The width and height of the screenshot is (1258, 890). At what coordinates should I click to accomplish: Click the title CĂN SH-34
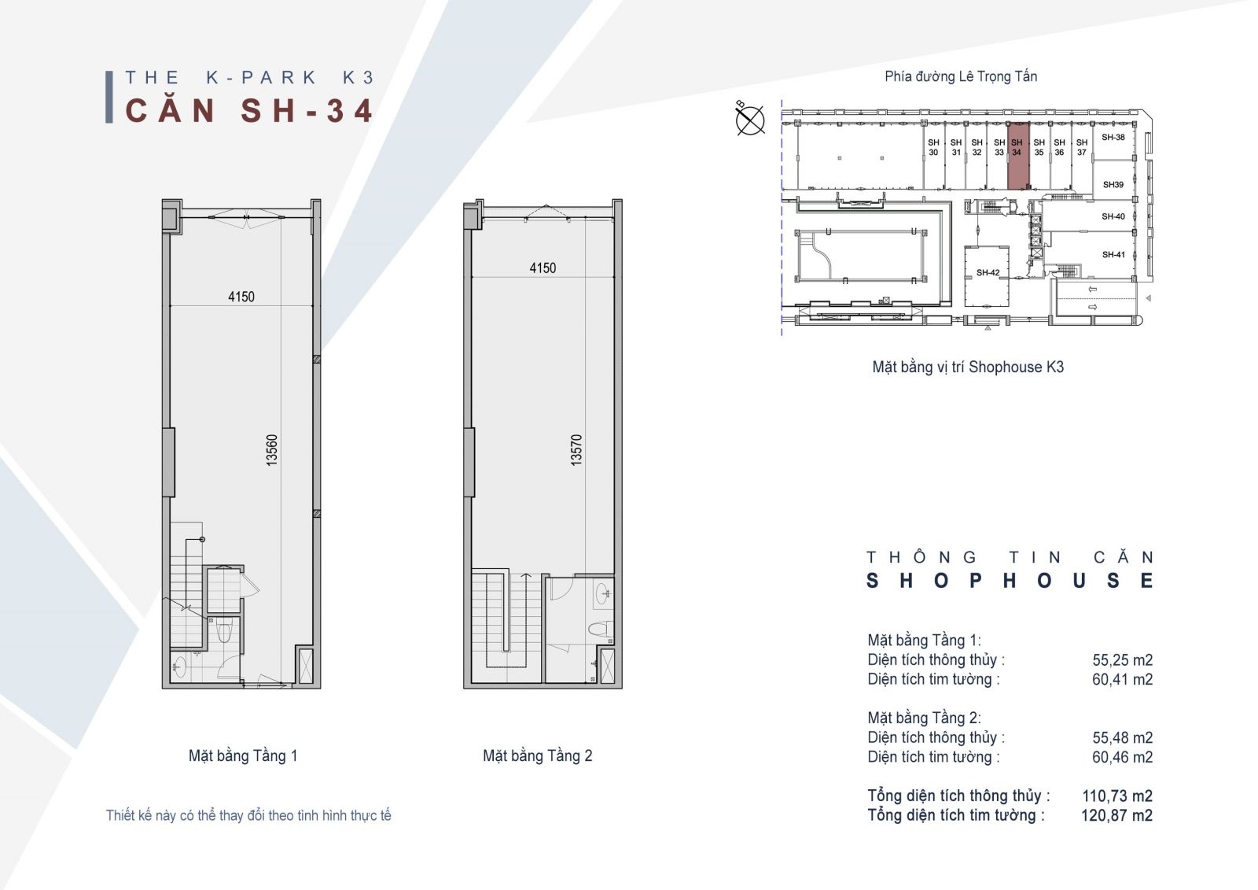(249, 110)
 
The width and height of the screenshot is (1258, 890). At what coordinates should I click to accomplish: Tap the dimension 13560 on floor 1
(272, 450)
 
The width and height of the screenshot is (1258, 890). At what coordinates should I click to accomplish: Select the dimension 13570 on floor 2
(576, 450)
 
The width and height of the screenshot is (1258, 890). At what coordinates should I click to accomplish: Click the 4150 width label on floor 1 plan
(241, 297)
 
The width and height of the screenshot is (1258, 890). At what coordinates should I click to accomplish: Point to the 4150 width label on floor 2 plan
(543, 268)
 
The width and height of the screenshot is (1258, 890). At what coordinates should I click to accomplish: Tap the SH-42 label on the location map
(988, 273)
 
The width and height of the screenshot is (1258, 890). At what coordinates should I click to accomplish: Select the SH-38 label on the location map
(1113, 137)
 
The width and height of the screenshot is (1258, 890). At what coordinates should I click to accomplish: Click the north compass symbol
(750, 119)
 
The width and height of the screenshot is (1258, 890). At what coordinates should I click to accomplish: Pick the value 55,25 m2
(1122, 660)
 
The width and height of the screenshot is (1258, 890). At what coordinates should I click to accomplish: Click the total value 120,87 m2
(1116, 815)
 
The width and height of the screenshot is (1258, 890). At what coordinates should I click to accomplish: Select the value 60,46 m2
(1122, 757)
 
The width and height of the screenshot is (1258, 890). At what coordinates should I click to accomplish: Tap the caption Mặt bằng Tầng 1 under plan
(243, 756)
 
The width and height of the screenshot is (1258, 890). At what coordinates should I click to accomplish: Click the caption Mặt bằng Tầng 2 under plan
(538, 756)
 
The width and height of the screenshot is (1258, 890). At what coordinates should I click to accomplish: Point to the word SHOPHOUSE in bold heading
(1010, 581)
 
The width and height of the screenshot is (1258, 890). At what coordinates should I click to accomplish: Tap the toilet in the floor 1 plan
(224, 632)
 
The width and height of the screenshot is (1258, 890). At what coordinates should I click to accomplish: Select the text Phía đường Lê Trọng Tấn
(961, 76)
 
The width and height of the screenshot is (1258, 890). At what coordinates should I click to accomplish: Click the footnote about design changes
(248, 816)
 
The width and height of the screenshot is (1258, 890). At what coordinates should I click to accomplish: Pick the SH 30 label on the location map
(933, 147)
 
